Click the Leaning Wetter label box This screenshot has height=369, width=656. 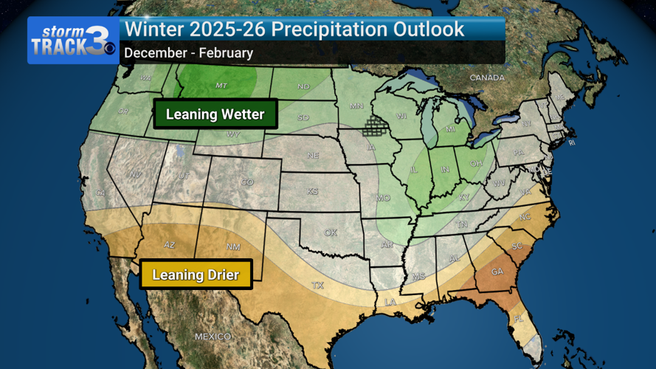click(215, 114)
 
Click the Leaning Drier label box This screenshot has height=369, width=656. click(196, 275)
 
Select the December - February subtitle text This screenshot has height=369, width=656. click(188, 53)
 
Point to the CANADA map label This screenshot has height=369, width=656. click(487, 77)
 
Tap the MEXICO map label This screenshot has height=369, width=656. click(213, 337)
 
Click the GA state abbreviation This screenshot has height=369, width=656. click(497, 272)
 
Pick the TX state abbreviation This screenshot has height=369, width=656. click(318, 285)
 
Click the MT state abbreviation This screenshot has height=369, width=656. click(221, 86)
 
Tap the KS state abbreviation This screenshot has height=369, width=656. click(313, 191)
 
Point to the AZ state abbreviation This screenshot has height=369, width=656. click(169, 245)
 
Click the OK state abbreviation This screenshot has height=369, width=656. click(330, 232)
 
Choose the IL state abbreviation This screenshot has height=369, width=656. click(414, 170)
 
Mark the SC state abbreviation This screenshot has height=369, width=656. click(517, 246)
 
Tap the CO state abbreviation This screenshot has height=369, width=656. click(247, 182)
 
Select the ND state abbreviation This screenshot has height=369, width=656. click(303, 86)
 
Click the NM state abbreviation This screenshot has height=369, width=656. click(233, 246)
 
